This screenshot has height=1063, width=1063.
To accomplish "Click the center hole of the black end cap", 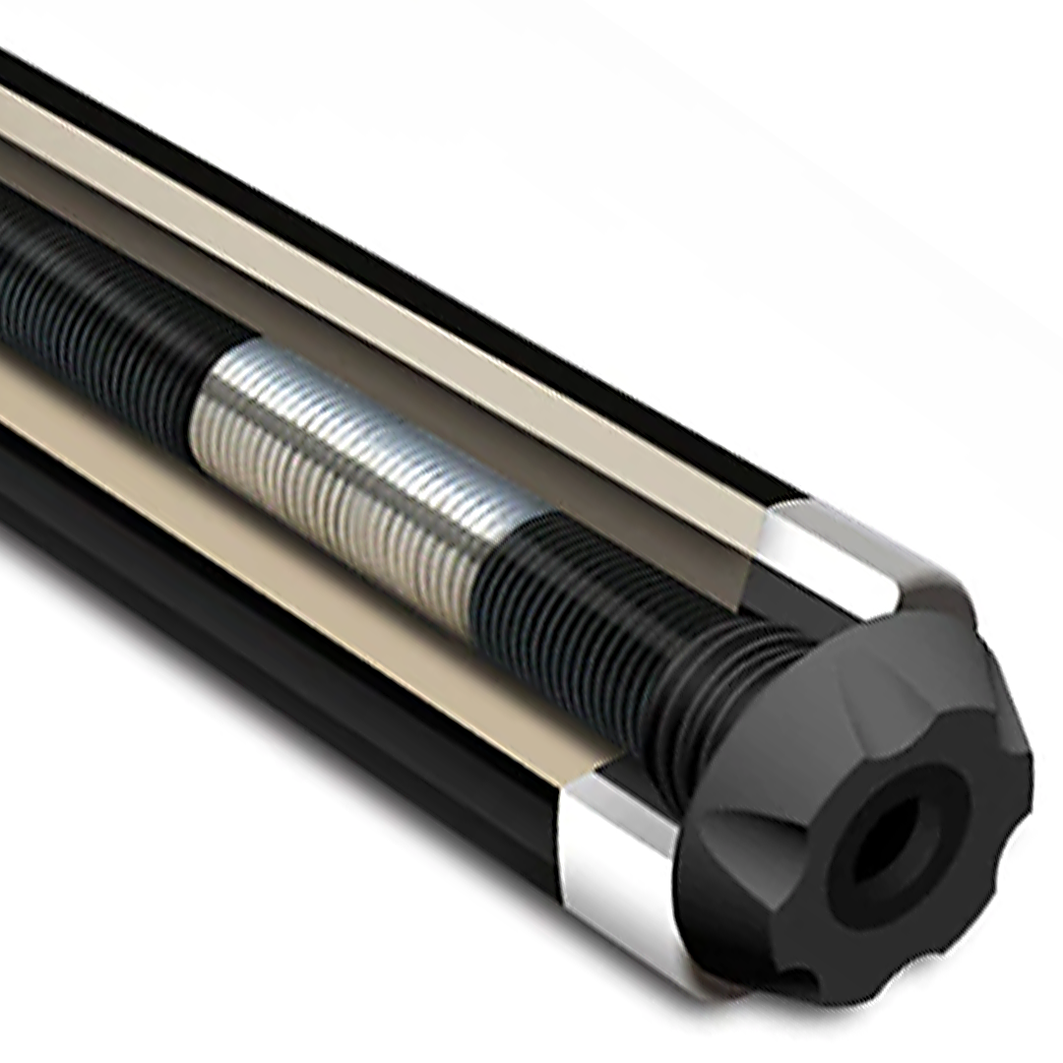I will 879,847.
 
